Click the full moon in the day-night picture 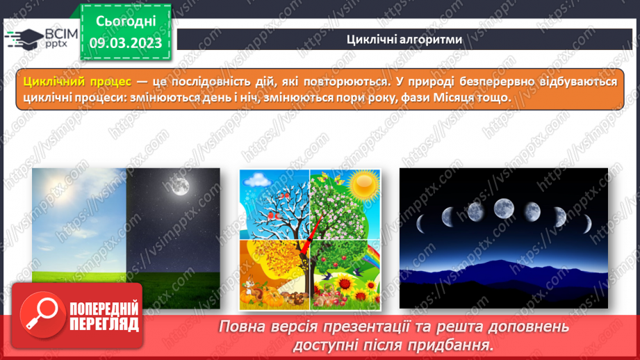coord(181,186)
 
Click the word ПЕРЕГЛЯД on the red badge coord(104,325)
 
